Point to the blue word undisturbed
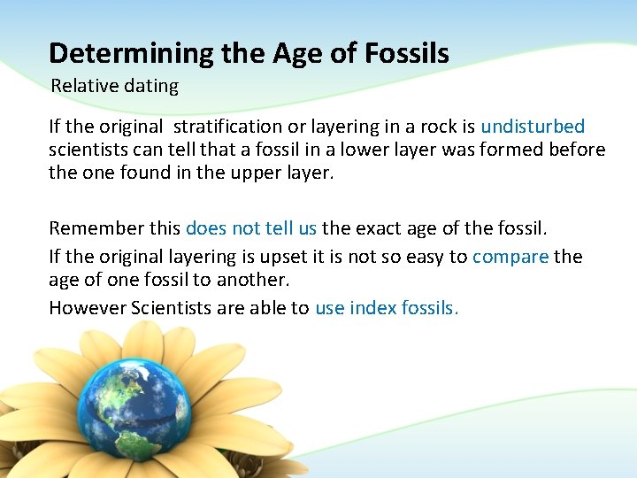[x=533, y=127]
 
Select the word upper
[x=251, y=173]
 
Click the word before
[x=574, y=150]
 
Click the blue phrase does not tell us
[x=251, y=228]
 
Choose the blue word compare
[x=510, y=258]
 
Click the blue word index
[x=372, y=308]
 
